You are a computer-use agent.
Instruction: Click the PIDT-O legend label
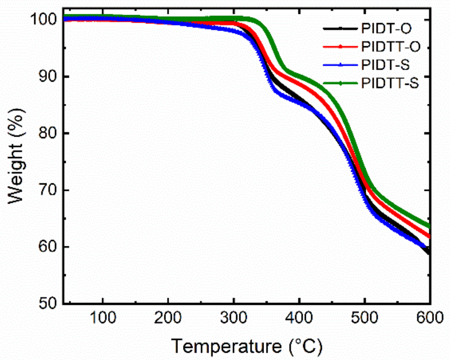click(x=386, y=28)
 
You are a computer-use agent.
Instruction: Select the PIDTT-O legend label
click(x=391, y=47)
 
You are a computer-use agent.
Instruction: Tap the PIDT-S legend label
click(x=385, y=65)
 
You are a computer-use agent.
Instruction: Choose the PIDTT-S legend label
click(x=390, y=83)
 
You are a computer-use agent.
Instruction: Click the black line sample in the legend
click(x=340, y=28)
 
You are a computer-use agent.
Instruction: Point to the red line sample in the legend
click(x=340, y=47)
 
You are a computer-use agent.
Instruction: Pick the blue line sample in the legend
click(x=340, y=65)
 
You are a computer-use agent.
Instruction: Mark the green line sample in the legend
click(x=340, y=83)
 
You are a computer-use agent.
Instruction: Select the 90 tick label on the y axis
click(x=48, y=76)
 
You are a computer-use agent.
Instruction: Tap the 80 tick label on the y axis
click(x=48, y=133)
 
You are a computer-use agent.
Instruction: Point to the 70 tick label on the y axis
click(x=48, y=190)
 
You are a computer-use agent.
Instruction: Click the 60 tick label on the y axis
click(x=48, y=247)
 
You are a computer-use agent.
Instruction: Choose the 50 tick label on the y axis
click(x=48, y=303)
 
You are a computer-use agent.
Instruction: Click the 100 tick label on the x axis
click(x=103, y=318)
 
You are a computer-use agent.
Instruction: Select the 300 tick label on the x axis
click(x=234, y=318)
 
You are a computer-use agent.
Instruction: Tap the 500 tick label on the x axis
click(x=364, y=318)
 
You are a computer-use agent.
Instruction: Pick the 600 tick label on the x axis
click(x=429, y=318)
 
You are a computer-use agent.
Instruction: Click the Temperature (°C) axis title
click(x=247, y=346)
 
